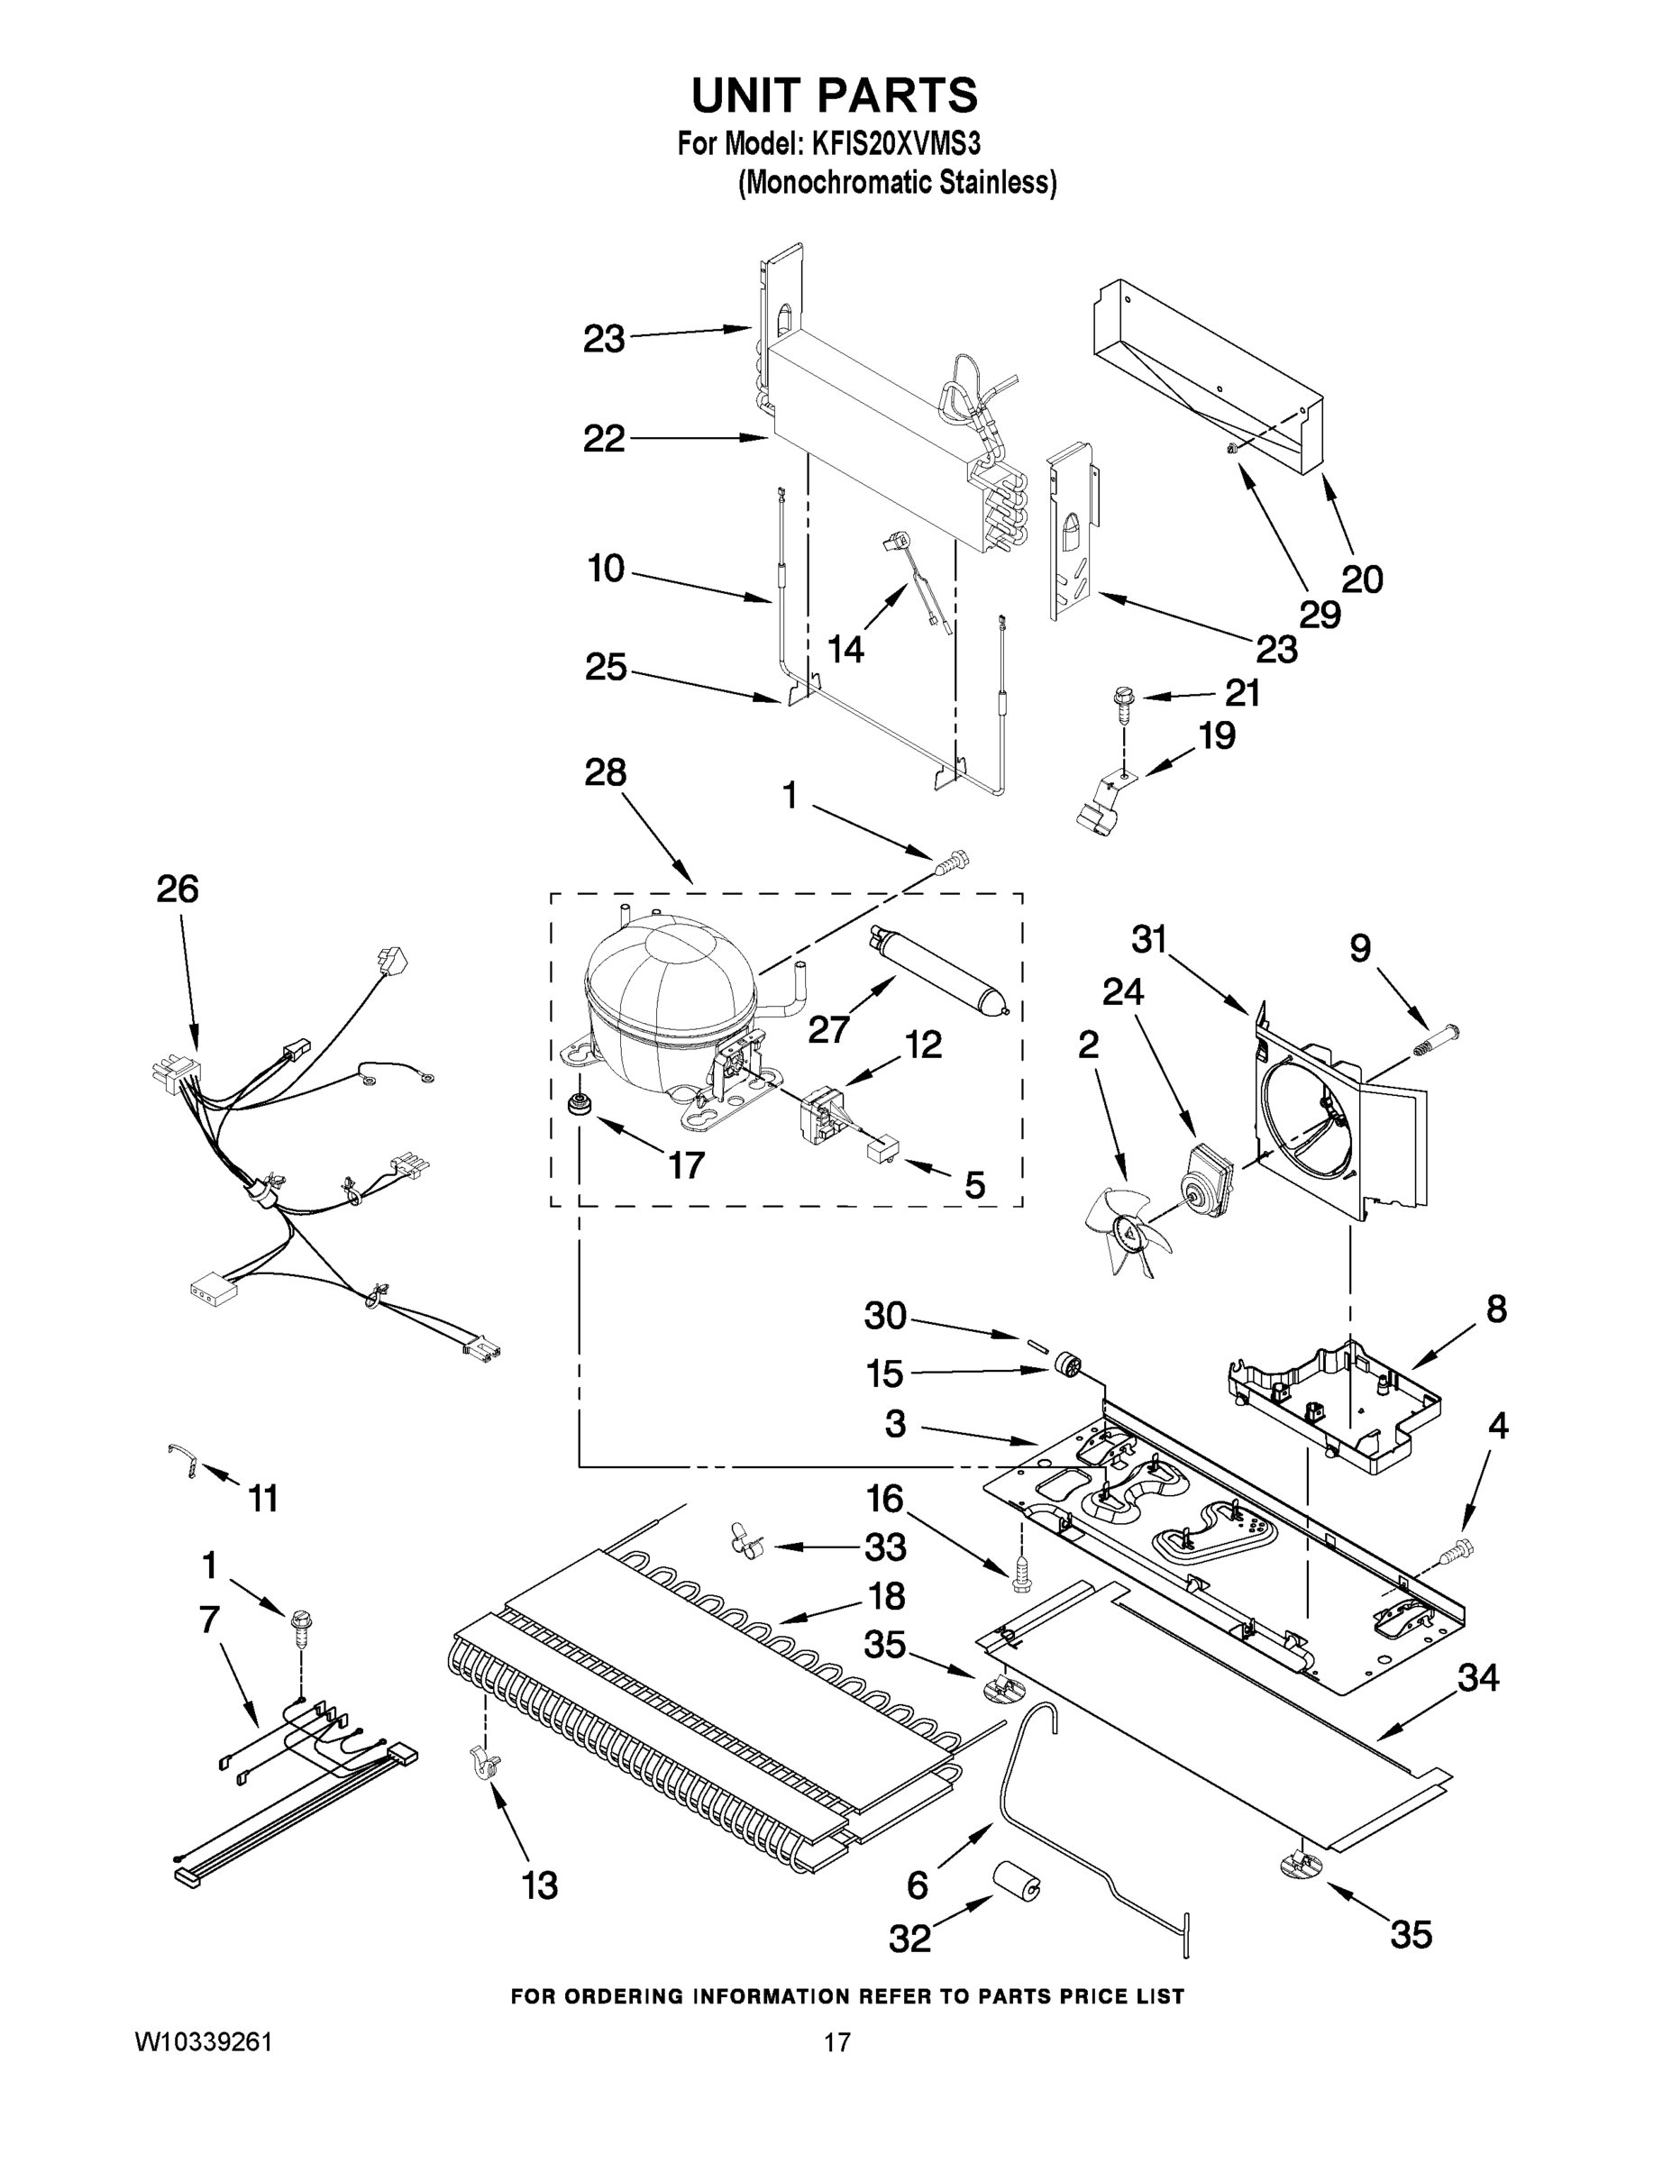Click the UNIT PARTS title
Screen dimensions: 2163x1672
pos(834,96)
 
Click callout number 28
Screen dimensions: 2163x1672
pos(604,771)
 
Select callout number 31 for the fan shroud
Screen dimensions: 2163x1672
pos(1149,938)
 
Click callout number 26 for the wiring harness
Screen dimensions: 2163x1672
pos(178,889)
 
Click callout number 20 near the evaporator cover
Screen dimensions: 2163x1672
pos(1361,579)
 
